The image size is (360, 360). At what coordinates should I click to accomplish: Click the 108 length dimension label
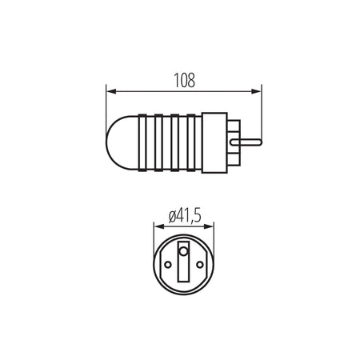[184, 80]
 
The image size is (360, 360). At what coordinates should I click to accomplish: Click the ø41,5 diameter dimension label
[184, 215]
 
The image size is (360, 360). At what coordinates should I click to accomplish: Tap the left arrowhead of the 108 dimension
[111, 90]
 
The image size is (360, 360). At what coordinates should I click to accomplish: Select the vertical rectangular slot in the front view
[184, 268]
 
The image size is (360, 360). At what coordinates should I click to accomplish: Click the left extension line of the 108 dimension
[106, 100]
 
